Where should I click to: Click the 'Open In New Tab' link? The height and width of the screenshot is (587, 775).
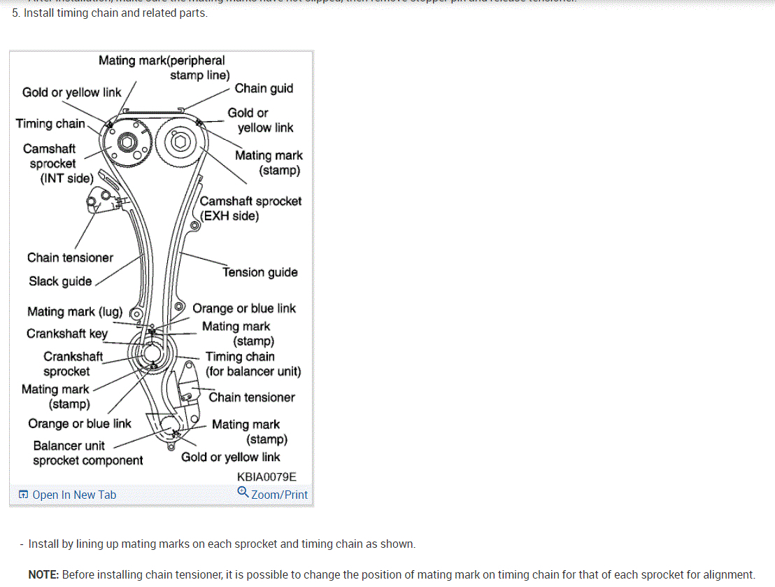[x=74, y=495]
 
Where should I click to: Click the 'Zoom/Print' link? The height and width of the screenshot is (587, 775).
[x=279, y=495]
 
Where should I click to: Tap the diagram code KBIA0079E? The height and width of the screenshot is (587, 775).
[x=266, y=476]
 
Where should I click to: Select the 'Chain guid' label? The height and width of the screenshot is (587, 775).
[x=264, y=88]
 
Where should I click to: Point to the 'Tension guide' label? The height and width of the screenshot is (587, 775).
[x=260, y=272]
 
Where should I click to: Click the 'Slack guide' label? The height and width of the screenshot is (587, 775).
[x=60, y=281]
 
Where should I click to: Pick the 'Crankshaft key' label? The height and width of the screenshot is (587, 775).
[x=67, y=333]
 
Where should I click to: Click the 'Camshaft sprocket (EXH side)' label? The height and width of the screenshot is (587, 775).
[x=250, y=208]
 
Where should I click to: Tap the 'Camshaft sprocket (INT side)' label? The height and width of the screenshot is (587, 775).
[x=52, y=164]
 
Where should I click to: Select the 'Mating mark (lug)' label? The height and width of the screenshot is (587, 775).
[x=75, y=311]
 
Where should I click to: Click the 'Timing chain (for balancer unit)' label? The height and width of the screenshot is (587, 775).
[x=253, y=364]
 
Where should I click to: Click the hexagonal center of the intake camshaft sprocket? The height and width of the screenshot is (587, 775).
[x=127, y=143]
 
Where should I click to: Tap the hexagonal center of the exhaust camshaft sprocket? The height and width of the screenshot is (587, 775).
[x=180, y=143]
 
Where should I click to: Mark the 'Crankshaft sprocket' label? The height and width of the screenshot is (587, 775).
[x=73, y=364]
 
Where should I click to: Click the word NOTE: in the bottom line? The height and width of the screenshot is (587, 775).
[x=43, y=574]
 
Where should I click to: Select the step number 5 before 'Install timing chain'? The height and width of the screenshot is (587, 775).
[x=15, y=13]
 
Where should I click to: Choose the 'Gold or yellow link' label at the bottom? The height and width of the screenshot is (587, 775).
[x=230, y=457]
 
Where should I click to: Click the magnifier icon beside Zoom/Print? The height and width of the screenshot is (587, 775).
[x=243, y=493]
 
